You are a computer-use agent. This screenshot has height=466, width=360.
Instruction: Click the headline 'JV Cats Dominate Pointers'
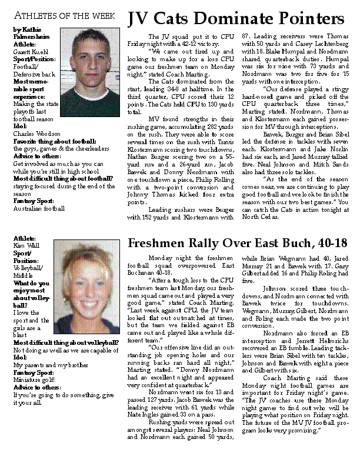pyautogui.click(x=236, y=19)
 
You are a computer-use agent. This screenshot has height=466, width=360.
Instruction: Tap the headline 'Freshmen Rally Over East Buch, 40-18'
pyautogui.click(x=237, y=244)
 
